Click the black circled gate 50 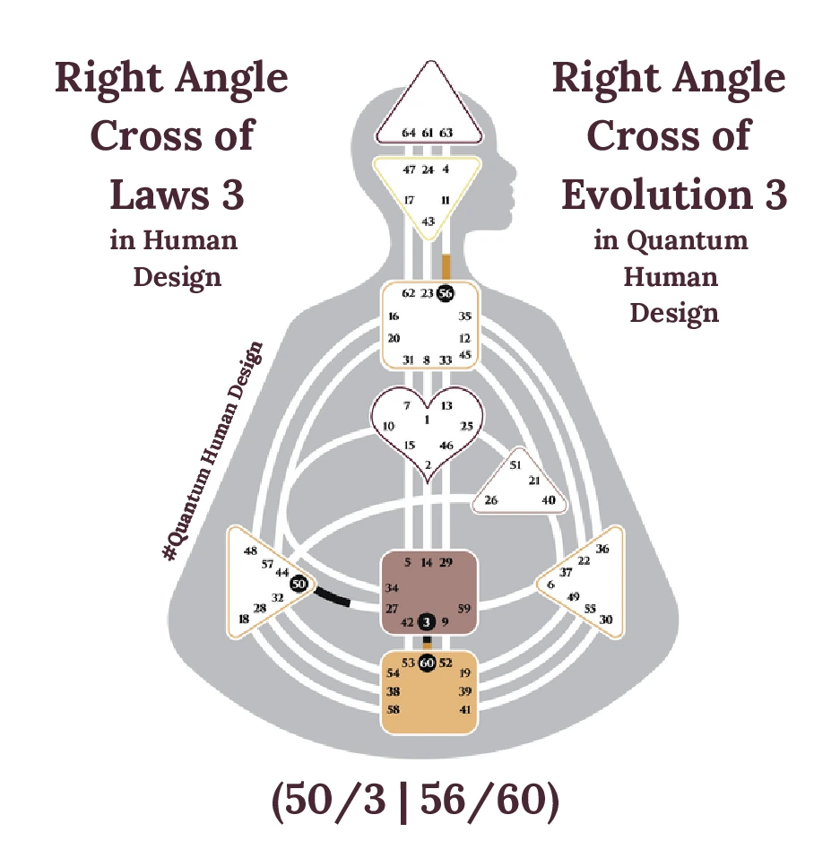[299, 584]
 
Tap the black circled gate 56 [446, 293]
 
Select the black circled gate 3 [428, 621]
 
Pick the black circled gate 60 [428, 663]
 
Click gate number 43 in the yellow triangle [429, 221]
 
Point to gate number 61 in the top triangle [428, 133]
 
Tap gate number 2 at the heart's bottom [429, 464]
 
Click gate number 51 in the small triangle [515, 465]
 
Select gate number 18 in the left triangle [244, 619]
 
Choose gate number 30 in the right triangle [606, 620]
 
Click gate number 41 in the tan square [464, 709]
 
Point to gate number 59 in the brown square [464, 609]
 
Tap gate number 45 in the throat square [464, 354]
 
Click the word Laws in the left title [148, 195]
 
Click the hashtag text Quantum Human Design [216, 452]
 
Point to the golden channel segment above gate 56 [446, 266]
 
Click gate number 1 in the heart [428, 420]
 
